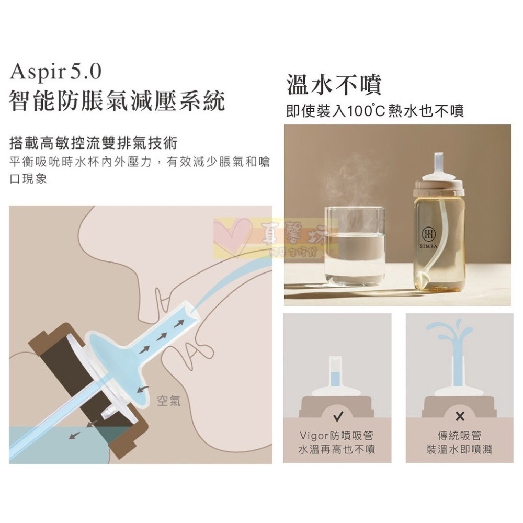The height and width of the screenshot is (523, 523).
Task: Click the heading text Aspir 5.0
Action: [55, 71]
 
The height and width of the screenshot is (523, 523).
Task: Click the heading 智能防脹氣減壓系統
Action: [117, 100]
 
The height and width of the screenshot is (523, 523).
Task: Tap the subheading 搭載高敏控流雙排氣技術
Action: [94, 143]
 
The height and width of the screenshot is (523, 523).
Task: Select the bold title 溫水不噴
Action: [334, 85]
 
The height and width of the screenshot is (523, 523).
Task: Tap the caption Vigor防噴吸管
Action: [337, 436]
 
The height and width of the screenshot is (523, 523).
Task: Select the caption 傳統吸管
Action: [460, 436]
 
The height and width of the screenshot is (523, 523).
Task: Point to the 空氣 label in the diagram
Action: [168, 402]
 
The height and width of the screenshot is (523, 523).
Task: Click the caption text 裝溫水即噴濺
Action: [460, 449]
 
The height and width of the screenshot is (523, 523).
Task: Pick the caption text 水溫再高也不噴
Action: [337, 449]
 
